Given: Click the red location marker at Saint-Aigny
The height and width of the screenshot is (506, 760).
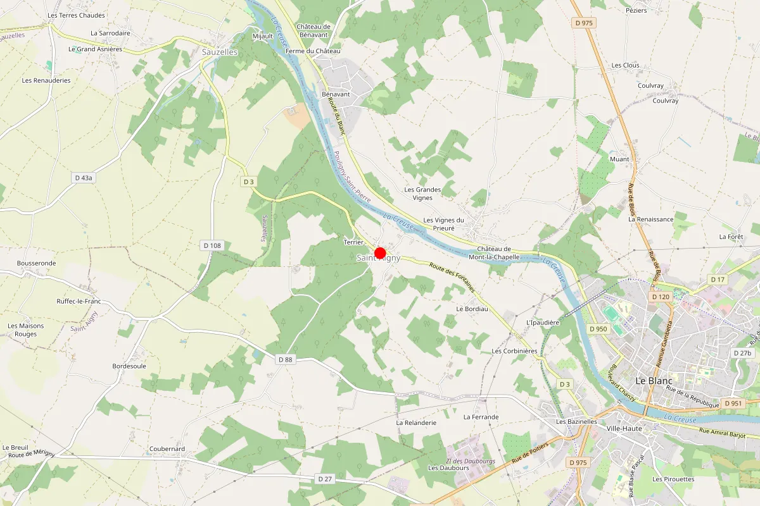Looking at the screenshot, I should (380, 253).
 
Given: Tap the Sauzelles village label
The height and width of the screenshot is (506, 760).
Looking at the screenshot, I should (220, 52).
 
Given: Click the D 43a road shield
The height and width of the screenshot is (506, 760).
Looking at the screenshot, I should (84, 178).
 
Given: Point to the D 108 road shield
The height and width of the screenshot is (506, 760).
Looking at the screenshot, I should (212, 245).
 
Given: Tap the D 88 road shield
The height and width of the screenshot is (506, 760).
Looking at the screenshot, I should (286, 359).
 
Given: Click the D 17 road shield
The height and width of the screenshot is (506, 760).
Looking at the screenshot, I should (717, 280).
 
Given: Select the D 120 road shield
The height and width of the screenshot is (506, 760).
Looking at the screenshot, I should (660, 297).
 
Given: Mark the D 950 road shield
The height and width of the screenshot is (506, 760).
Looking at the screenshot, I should (598, 329).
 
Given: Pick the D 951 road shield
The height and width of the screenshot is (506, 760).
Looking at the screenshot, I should (733, 404).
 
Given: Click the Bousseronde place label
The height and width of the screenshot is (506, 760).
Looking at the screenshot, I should (37, 263).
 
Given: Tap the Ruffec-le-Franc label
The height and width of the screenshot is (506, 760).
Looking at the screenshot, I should (79, 302).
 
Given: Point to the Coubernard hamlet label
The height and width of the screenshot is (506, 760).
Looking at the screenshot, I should (167, 449).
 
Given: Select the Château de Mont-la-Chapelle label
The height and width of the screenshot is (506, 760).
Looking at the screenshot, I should (494, 253).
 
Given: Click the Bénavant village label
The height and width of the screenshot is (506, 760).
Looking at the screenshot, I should (336, 94).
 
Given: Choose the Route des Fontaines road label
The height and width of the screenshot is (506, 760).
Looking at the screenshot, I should (452, 276).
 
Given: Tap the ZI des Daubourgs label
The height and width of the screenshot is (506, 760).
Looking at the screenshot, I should (471, 461).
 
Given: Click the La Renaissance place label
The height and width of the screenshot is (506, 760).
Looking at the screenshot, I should (650, 219).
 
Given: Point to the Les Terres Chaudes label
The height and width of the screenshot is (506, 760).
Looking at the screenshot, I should (76, 15).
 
